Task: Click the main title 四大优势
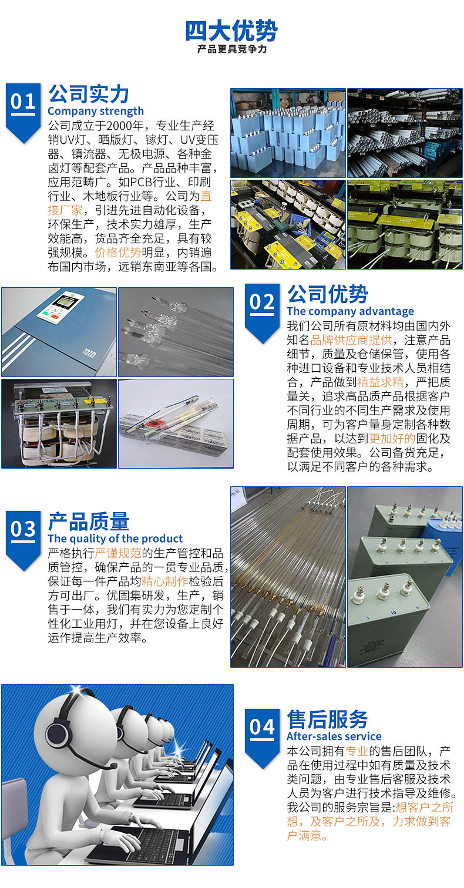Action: tap(231, 31)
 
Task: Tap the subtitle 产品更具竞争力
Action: tap(232, 49)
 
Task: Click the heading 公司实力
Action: tap(89, 94)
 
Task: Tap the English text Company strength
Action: tap(96, 111)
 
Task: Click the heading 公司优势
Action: tap(328, 294)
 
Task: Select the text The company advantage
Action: tap(350, 311)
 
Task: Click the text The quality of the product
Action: tap(115, 539)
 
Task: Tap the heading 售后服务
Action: tap(328, 719)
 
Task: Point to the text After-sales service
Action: tap(334, 736)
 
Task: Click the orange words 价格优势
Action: tap(118, 253)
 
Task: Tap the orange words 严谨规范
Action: tap(118, 553)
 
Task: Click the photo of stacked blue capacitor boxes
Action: tap(288, 133)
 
